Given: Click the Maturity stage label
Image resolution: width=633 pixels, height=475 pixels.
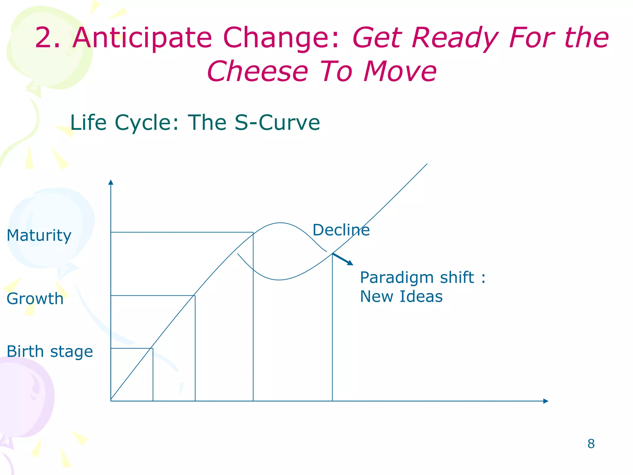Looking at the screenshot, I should click(x=39, y=236).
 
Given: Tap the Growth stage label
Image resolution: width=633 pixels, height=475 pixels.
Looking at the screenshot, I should click(x=35, y=299).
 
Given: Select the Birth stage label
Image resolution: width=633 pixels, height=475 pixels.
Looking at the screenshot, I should click(x=49, y=352).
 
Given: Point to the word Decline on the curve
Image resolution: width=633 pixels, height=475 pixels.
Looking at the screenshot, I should click(x=341, y=230).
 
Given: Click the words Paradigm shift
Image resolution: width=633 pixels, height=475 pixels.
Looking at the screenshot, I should click(x=417, y=277).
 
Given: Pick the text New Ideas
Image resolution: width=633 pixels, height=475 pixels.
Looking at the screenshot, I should click(x=401, y=297).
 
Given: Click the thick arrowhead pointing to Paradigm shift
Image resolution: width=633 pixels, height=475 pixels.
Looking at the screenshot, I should click(x=350, y=263).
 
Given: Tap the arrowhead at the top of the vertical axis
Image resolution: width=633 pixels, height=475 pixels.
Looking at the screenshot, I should click(x=111, y=182).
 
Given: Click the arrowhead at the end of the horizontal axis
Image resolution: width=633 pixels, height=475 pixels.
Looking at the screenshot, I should click(x=546, y=401).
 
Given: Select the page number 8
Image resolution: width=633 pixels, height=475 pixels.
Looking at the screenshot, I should click(x=591, y=444).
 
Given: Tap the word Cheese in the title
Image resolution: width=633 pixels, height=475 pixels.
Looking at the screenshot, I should click(x=258, y=71).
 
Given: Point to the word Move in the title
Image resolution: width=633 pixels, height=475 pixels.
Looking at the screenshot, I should click(x=400, y=71).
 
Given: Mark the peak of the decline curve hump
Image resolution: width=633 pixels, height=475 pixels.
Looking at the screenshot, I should click(x=280, y=223).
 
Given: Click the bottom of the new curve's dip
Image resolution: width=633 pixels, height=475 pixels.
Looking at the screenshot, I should click(x=279, y=280).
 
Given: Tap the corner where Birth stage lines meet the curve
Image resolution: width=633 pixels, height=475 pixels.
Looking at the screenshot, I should click(x=153, y=349).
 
